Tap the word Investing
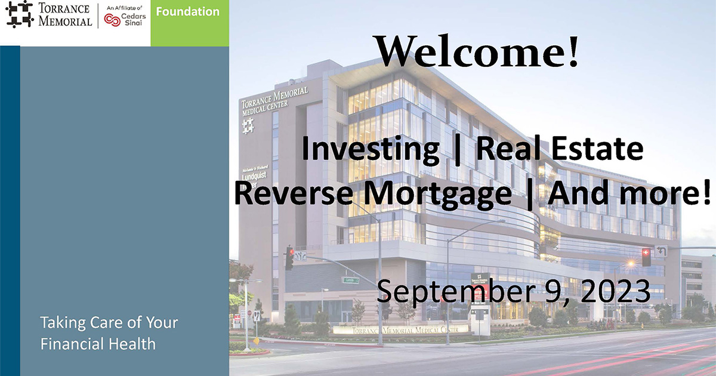(370, 150)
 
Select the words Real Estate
(560, 150)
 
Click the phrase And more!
(630, 193)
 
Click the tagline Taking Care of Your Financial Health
(109, 333)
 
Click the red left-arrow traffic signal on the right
(646, 257)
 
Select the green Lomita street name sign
(350, 279)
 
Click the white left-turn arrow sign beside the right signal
(661, 251)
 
